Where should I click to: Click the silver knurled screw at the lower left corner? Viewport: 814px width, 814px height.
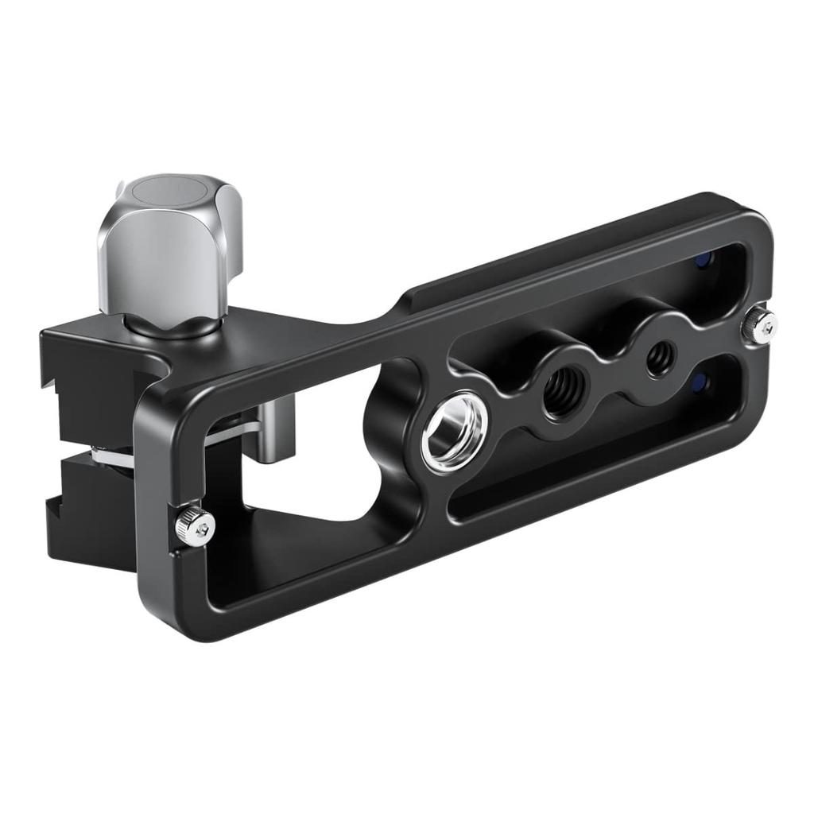195,525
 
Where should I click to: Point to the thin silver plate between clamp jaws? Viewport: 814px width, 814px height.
111,455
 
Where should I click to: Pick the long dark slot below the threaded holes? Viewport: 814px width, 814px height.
588,469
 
